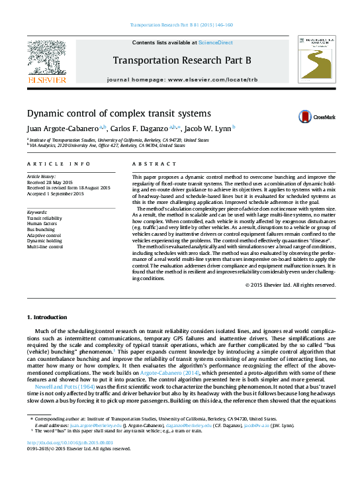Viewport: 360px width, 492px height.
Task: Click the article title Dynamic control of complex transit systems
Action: coord(118,113)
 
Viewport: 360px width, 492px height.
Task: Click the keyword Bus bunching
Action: coord(41,229)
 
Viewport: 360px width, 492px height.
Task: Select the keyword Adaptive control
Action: coord(44,235)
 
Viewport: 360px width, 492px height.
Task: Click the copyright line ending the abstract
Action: coord(290,285)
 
